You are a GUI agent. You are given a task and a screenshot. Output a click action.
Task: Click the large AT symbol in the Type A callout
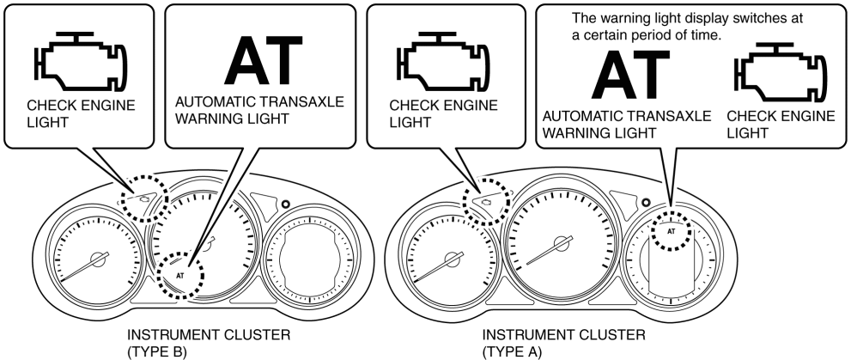[x=631, y=76]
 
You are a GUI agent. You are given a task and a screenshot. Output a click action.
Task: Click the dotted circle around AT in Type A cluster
[x=672, y=231]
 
